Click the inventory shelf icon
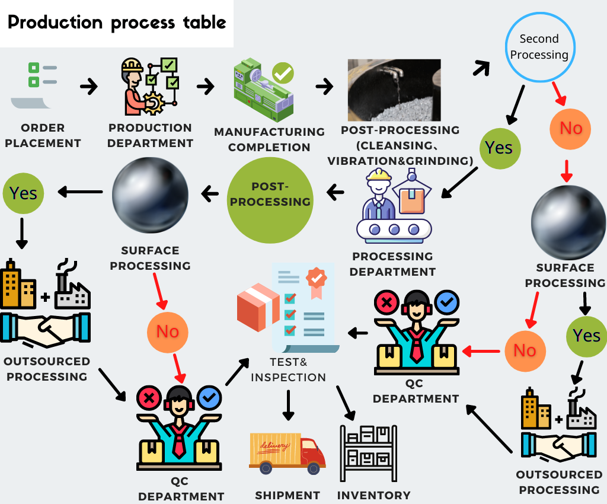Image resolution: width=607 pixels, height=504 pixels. pyautogui.click(x=368, y=452)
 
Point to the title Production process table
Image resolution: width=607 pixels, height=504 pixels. pyautogui.click(x=117, y=23)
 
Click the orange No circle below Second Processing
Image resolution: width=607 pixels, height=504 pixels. pyautogui.click(x=571, y=128)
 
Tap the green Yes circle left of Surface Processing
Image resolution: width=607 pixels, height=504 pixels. pyautogui.click(x=23, y=193)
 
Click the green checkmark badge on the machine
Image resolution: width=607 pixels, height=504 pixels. pyautogui.click(x=283, y=74)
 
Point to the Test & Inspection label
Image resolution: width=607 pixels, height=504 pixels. pyautogui.click(x=289, y=369)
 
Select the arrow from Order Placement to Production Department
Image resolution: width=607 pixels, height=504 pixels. pyautogui.click(x=89, y=87)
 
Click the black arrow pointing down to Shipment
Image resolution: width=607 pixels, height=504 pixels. pyautogui.click(x=289, y=405)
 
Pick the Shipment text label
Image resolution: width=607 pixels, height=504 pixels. pyautogui.click(x=287, y=495)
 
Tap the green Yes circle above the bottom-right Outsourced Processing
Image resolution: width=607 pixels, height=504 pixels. pyautogui.click(x=586, y=336)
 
